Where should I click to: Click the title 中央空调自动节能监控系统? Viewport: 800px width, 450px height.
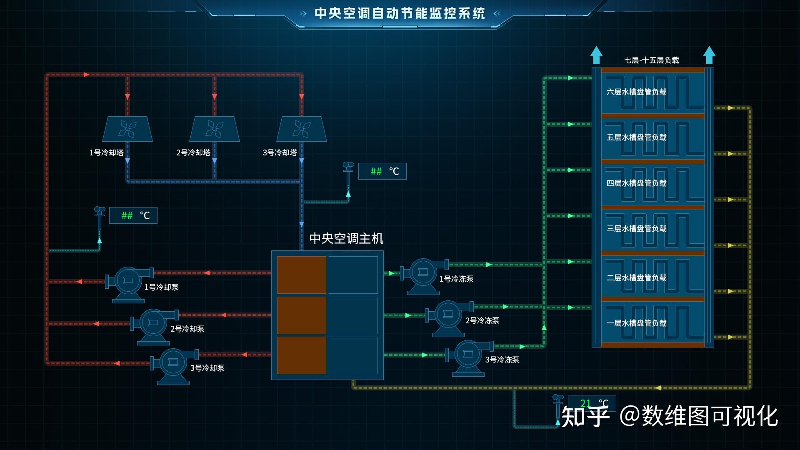tap(400, 13)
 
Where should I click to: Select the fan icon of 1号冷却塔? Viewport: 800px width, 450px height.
tap(127, 129)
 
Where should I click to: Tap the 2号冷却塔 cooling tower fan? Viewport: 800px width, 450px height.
tap(214, 129)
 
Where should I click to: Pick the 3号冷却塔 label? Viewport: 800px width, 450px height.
tap(280, 152)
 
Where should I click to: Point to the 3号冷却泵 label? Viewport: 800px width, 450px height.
tap(207, 368)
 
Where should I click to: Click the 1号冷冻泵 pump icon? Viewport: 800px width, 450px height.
tap(424, 274)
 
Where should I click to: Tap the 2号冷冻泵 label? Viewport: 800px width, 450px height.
tap(482, 320)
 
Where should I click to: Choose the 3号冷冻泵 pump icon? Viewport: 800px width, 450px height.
tap(469, 355)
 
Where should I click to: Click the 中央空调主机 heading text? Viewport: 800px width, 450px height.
tap(346, 238)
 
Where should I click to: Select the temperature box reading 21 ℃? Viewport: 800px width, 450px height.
tap(592, 403)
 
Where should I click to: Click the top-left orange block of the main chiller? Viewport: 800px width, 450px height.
tap(302, 275)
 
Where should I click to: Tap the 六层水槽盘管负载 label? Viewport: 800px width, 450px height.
tap(636, 92)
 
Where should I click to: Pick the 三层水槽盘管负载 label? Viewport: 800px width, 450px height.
tap(636, 228)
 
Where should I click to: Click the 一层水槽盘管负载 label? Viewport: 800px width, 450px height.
tap(636, 323)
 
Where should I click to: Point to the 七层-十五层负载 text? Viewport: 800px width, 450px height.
tap(651, 60)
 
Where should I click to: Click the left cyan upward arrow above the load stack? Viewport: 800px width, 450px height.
tap(596, 55)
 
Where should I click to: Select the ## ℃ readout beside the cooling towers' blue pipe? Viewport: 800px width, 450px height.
tap(382, 171)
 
